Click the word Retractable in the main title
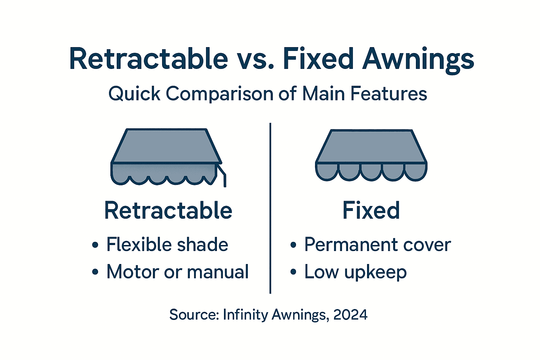coord(148,59)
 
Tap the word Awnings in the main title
coord(418,59)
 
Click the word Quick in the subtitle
coord(134,94)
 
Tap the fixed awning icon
coord(371,155)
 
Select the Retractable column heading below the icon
coord(168,211)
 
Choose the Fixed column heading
coord(371,211)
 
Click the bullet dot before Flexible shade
coord(95,245)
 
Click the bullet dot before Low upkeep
coord(293,272)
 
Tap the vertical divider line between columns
coord(270,207)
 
